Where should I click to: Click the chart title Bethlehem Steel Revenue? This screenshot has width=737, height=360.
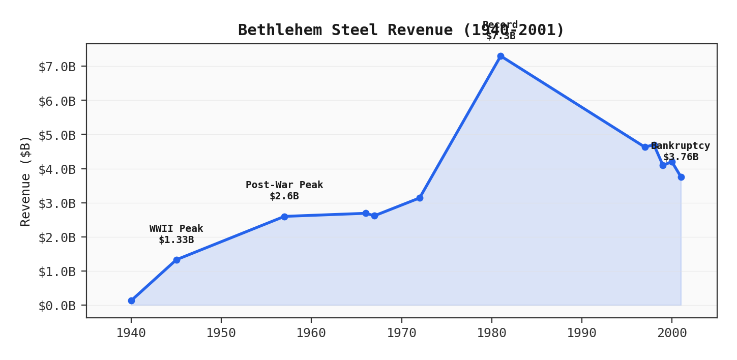click(401, 31)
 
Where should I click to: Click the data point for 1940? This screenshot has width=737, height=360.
click(131, 301)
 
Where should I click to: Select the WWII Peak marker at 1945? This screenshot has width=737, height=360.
click(176, 260)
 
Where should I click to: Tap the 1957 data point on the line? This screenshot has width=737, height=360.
click(284, 217)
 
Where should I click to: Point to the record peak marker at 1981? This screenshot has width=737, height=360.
click(500, 56)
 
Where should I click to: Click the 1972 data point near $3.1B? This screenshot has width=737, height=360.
click(420, 198)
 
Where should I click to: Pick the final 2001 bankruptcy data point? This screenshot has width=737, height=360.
click(681, 177)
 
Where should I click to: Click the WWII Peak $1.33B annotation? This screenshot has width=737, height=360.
click(176, 234)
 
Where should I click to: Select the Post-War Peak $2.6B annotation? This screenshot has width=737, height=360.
click(284, 191)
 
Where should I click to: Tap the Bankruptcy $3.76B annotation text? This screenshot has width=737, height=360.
click(681, 152)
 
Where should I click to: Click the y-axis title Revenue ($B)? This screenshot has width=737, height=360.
click(26, 181)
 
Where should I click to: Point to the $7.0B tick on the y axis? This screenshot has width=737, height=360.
click(57, 67)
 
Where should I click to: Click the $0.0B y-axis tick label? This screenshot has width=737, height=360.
click(57, 306)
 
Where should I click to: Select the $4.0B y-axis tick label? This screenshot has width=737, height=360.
click(57, 169)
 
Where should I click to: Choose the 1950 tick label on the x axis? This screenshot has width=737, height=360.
click(221, 333)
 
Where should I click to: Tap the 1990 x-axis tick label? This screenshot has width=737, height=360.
click(582, 333)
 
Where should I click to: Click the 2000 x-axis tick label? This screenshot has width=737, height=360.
click(672, 333)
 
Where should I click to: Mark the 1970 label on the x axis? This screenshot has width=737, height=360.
click(401, 333)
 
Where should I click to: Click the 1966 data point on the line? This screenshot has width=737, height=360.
click(366, 213)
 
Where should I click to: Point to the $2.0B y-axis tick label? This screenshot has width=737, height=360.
click(57, 237)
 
